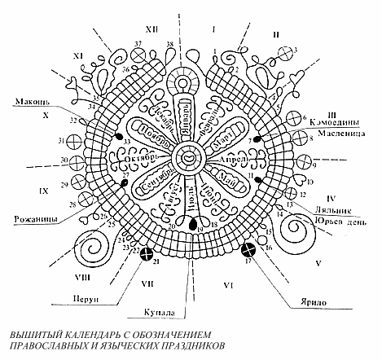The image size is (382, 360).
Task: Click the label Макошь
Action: tap(30, 103)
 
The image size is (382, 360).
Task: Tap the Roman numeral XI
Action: tap(78, 55)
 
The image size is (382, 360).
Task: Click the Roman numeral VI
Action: tap(230, 286)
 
